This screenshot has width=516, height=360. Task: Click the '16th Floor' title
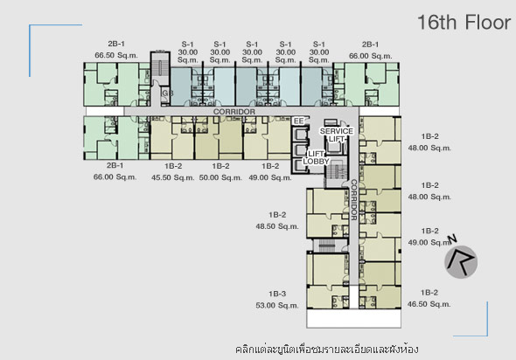click(x=464, y=23)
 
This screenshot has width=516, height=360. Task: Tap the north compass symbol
click(x=460, y=260)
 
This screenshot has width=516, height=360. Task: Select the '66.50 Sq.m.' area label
click(x=116, y=55)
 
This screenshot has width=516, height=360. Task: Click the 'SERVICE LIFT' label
click(x=337, y=135)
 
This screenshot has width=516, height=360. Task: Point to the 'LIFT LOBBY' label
click(x=316, y=157)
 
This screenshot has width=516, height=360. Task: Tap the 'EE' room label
click(x=298, y=121)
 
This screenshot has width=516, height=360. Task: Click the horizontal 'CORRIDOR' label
click(x=234, y=112)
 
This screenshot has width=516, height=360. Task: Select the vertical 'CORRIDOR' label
click(x=353, y=200)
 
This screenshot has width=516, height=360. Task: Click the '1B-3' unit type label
click(x=277, y=294)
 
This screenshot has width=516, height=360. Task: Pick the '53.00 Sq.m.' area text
click(x=277, y=306)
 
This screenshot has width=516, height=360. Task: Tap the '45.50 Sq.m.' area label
click(x=173, y=177)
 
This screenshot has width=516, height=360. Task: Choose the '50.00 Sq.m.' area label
click(x=220, y=177)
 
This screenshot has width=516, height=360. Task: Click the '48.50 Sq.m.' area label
click(x=277, y=226)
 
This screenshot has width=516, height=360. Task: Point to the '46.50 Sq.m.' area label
click(x=429, y=304)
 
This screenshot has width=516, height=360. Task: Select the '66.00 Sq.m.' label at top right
click(x=371, y=56)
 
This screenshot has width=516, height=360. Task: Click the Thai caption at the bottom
click(x=327, y=349)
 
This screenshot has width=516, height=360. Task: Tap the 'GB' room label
click(x=168, y=93)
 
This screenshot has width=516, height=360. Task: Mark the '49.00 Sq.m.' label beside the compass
click(x=429, y=243)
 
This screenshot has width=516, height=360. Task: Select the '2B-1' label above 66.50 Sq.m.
click(x=116, y=44)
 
